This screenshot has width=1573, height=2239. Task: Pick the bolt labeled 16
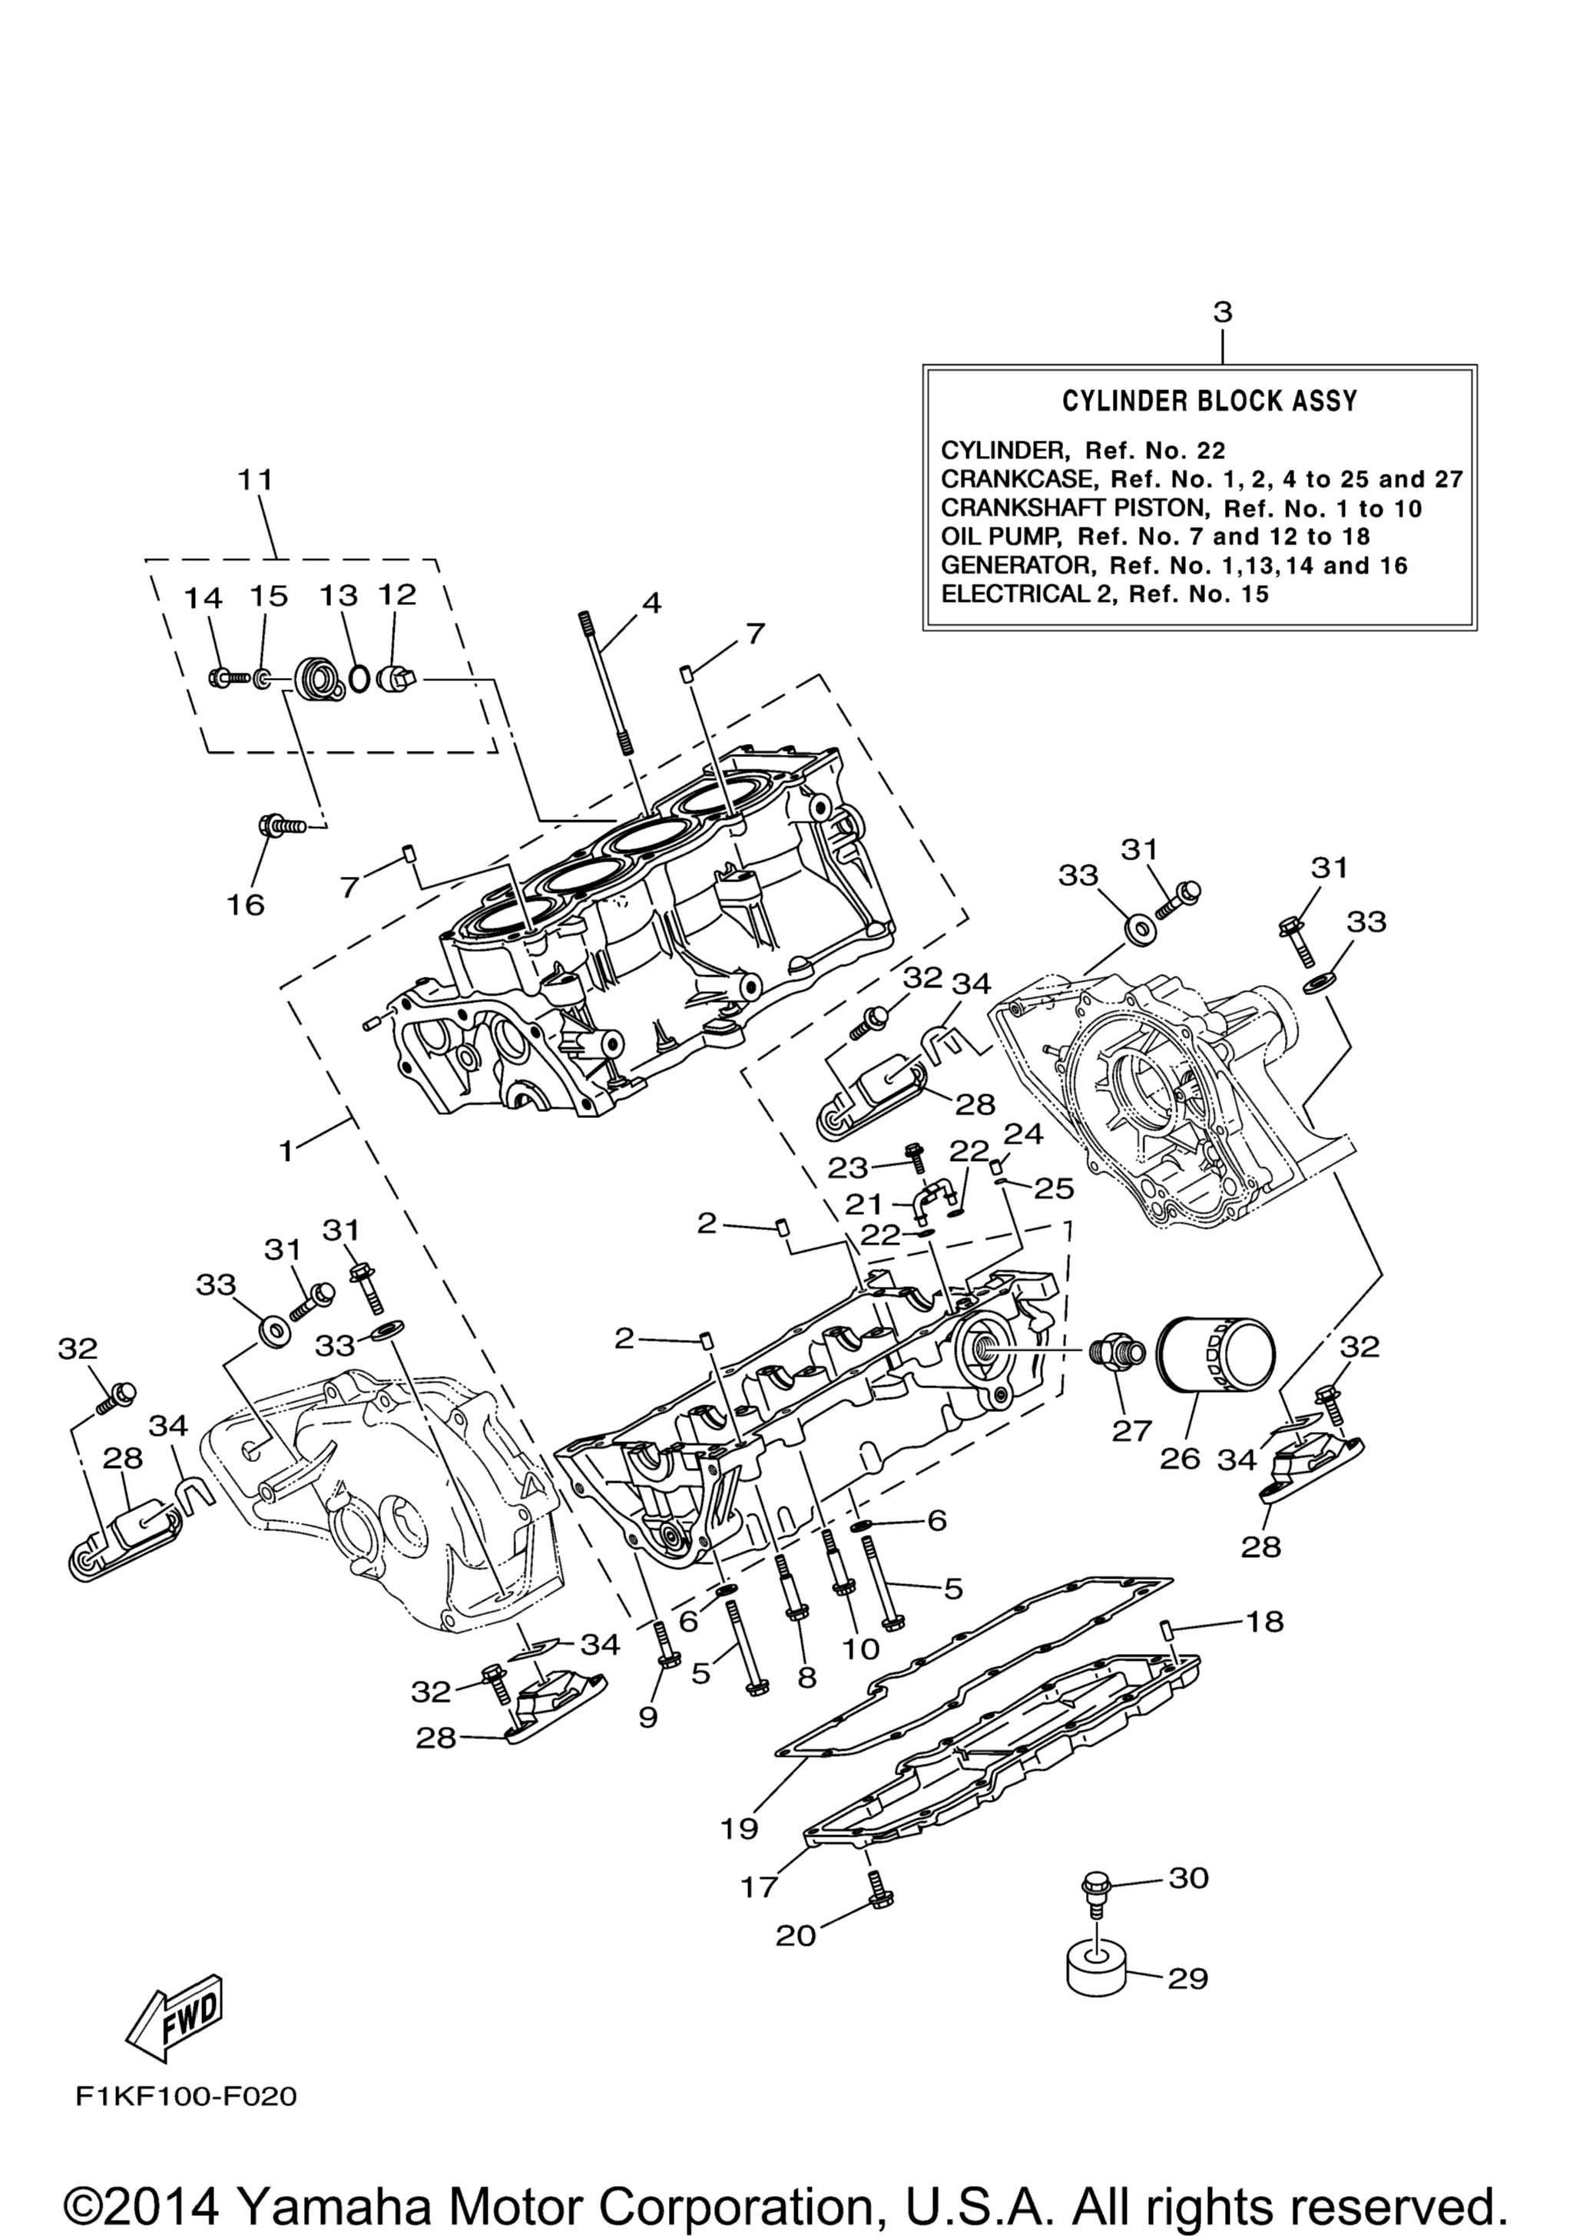pos(282,827)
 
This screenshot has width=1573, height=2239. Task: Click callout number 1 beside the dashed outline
pos(286,1151)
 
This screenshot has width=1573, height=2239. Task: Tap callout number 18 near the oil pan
pos(1264,1622)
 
